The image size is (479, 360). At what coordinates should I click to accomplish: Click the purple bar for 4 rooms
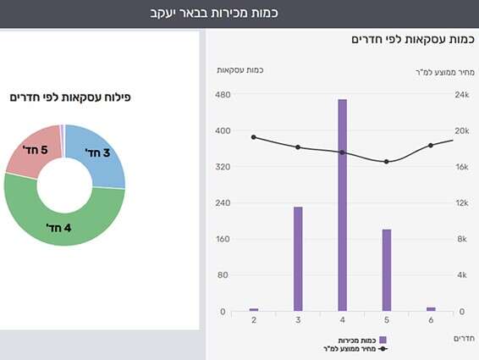pyautogui.click(x=342, y=205)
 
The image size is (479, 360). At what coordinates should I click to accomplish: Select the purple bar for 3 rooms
pyautogui.click(x=298, y=258)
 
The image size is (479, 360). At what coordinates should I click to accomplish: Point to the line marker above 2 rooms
pyautogui.click(x=253, y=137)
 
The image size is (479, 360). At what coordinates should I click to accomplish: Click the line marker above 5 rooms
pyautogui.click(x=387, y=162)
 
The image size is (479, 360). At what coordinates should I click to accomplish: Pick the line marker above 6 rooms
pyautogui.click(x=431, y=146)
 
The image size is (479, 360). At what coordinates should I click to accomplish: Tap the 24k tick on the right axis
pyautogui.click(x=462, y=95)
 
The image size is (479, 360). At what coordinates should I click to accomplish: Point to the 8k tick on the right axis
pyautogui.click(x=462, y=240)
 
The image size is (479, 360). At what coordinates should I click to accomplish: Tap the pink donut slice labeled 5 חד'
pyautogui.click(x=32, y=152)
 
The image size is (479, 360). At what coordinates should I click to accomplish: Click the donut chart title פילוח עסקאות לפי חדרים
pyautogui.click(x=70, y=98)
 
